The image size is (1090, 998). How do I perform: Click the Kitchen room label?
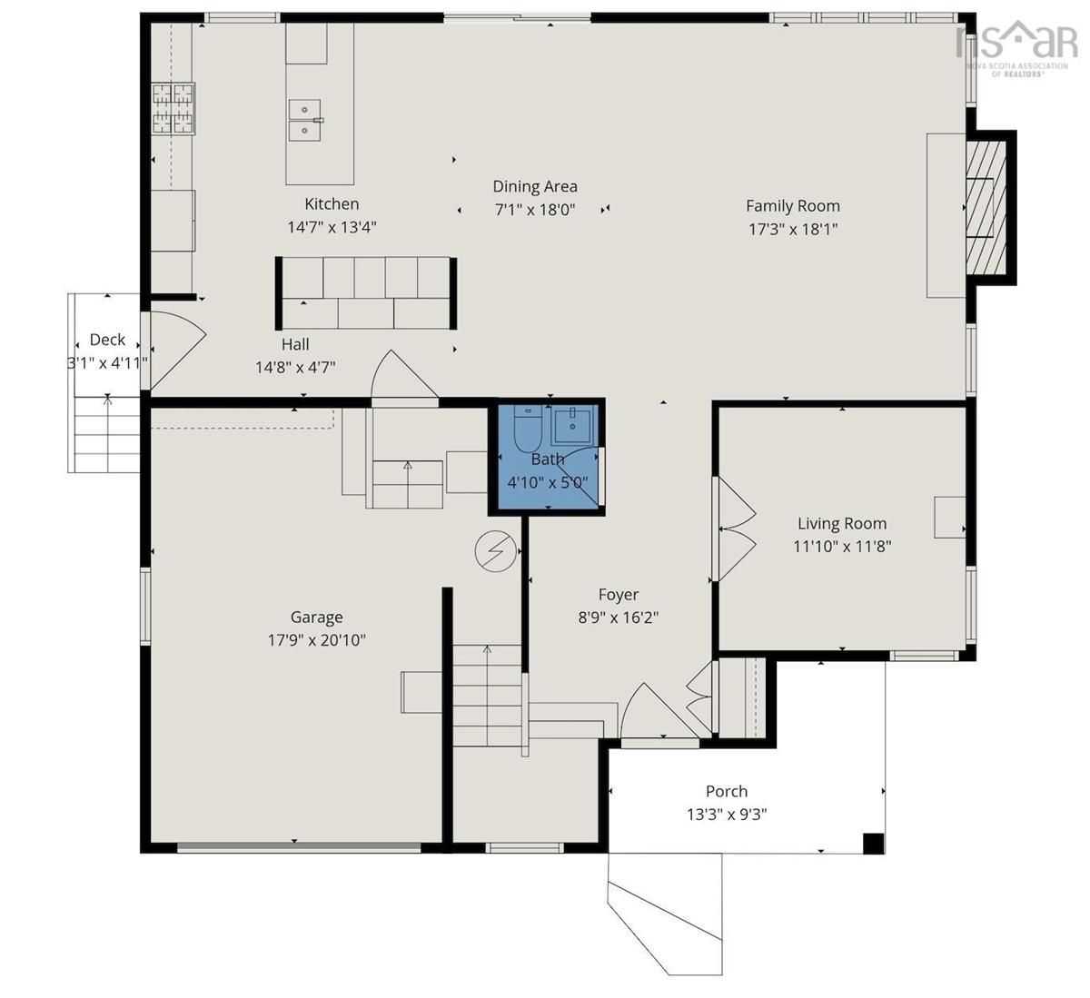[x=332, y=203]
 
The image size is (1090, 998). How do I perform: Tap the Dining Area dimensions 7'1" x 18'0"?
[x=535, y=210]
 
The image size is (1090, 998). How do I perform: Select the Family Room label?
[x=793, y=206]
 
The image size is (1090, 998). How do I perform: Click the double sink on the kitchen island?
[x=305, y=120]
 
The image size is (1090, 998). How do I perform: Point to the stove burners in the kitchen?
[x=173, y=109]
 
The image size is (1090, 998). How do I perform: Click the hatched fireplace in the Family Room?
[x=986, y=208]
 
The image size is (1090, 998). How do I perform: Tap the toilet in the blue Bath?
[x=528, y=428]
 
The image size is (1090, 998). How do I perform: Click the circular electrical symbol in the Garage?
[x=496, y=551]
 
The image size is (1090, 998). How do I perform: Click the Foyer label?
[x=619, y=594]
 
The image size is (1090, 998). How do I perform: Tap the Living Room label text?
[x=842, y=523]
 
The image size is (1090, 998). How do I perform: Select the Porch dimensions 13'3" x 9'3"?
[x=727, y=815]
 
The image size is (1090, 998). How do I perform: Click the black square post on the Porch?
[x=873, y=843]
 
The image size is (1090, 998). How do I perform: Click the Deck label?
[x=107, y=340]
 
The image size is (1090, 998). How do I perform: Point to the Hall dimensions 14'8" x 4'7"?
[x=295, y=367]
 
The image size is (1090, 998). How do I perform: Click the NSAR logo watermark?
[x=1016, y=49]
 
